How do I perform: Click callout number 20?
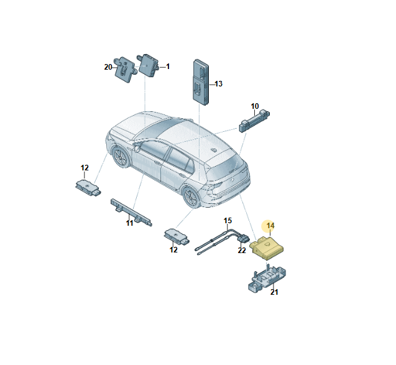point(108,67)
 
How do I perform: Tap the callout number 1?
point(168,67)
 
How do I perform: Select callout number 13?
point(218,84)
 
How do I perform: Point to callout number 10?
point(255,106)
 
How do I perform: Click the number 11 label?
point(129,223)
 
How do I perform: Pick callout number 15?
point(228,221)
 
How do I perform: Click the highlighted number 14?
point(270,226)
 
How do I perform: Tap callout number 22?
point(242,251)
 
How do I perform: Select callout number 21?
point(274,292)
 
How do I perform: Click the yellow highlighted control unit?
point(267,248)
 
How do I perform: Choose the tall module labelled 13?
point(201,82)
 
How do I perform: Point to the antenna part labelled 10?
point(254,121)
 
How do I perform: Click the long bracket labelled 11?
point(131,212)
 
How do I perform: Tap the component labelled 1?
point(148,65)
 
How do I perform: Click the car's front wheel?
point(121,157)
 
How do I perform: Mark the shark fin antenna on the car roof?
point(214,150)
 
